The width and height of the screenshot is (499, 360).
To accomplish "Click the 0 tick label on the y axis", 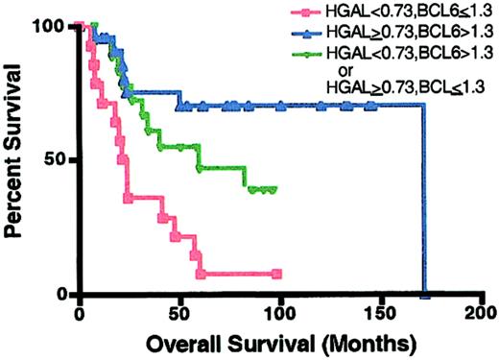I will coord(59,294).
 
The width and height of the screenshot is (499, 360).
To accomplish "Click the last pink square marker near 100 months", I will coord(276,274).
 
